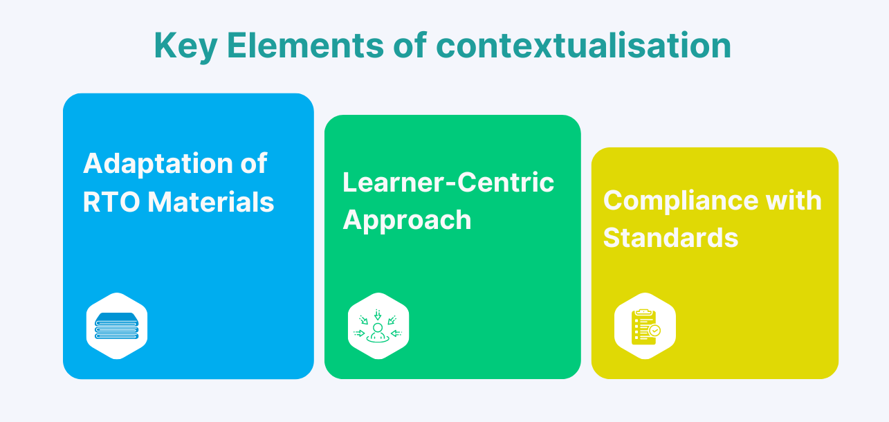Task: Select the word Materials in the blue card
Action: (x=211, y=202)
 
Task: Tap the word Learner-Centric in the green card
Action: (x=448, y=182)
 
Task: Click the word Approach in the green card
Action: (x=407, y=220)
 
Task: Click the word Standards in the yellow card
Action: (x=670, y=238)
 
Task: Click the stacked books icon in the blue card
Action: (x=117, y=326)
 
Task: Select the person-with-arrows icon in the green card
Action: (x=378, y=326)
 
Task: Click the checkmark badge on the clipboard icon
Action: (x=654, y=331)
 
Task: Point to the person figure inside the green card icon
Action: (x=378, y=331)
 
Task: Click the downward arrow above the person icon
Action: (x=378, y=314)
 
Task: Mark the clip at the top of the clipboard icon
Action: (x=643, y=312)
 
